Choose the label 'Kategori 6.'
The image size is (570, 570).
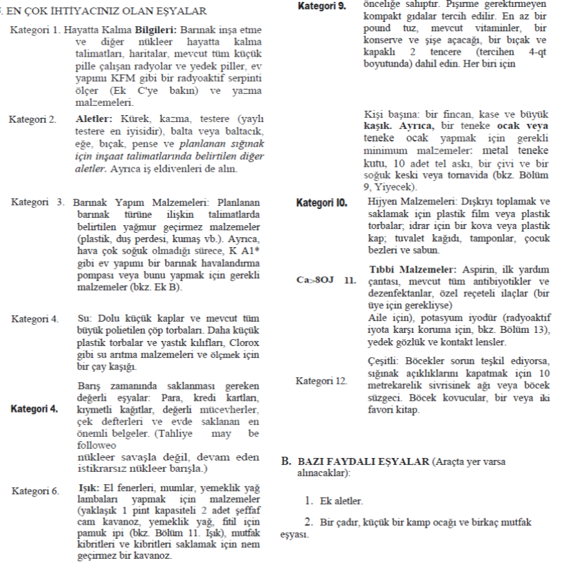tap(34, 492)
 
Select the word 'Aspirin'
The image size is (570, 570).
tap(474, 271)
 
